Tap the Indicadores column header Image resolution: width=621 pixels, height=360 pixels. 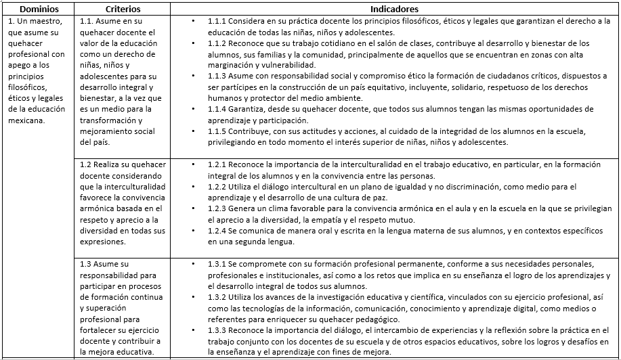click(394, 9)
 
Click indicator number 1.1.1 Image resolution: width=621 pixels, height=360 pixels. click(217, 22)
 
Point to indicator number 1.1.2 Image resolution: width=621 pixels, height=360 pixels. click(217, 43)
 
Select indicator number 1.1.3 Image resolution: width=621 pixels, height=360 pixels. click(217, 76)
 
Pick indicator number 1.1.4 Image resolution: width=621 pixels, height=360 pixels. click(217, 108)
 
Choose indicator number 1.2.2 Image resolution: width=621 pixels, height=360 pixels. click(217, 187)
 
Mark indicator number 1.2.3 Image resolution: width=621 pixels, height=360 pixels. click(217, 209)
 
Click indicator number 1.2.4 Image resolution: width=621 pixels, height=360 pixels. click(217, 231)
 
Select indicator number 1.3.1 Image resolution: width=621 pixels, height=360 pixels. click(217, 263)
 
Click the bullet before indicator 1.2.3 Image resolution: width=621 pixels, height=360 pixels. click(194, 209)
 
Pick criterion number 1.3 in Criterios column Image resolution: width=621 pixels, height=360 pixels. click(86, 263)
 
